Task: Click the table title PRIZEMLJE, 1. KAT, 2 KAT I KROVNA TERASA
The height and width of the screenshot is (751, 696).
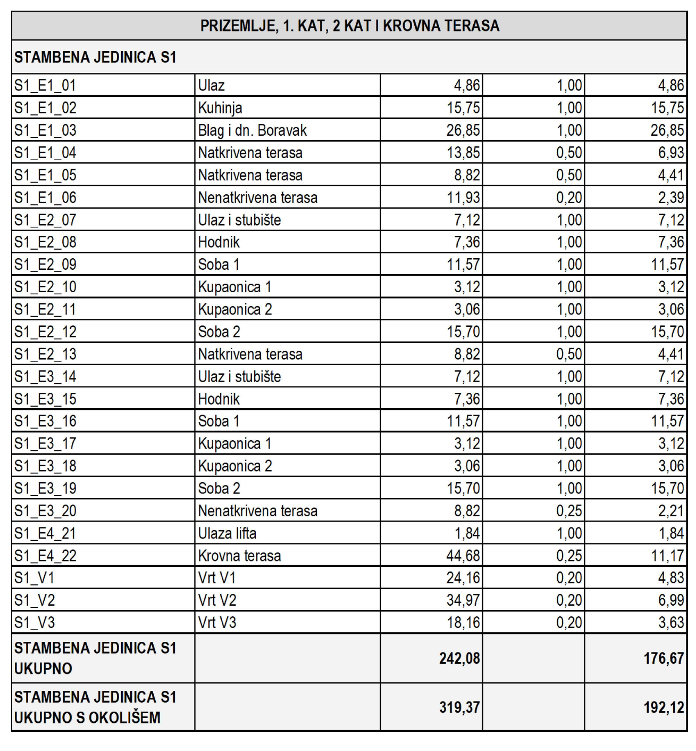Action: (349, 26)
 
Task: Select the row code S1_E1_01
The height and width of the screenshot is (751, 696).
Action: (45, 85)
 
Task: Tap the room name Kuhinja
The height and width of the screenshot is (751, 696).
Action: (220, 108)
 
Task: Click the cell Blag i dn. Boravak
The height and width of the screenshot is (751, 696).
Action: (253, 130)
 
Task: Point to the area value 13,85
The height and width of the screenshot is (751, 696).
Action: (463, 153)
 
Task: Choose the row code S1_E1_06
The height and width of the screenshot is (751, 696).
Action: (45, 197)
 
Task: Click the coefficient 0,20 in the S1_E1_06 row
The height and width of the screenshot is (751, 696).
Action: (569, 197)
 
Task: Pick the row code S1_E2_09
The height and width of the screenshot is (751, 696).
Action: (45, 265)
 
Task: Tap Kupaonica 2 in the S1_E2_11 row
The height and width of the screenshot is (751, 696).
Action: (235, 309)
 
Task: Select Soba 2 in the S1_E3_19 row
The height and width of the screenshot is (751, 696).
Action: (219, 488)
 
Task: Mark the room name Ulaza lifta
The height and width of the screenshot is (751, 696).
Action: (227, 533)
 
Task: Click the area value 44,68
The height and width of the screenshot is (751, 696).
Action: (463, 556)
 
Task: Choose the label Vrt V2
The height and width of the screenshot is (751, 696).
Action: (217, 600)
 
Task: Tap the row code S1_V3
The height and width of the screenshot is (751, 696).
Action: (35, 623)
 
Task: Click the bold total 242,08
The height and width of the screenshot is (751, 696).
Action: (459, 658)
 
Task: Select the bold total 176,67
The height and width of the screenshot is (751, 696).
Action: (664, 658)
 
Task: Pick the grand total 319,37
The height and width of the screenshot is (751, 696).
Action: (459, 707)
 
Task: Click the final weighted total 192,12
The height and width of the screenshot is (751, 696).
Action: (664, 707)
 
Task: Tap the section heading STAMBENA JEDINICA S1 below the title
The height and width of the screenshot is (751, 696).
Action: (95, 57)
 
